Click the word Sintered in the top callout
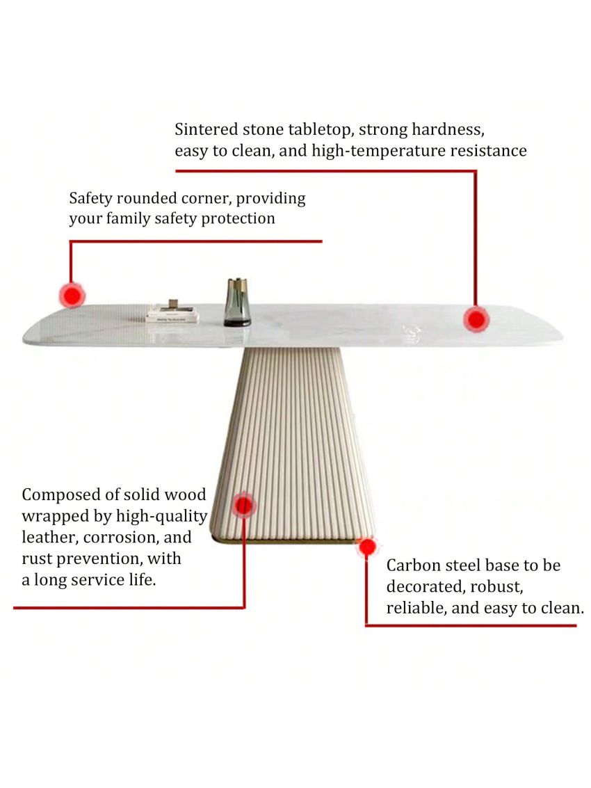[x=206, y=129]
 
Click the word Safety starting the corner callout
[x=90, y=198]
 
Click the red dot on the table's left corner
[x=72, y=296]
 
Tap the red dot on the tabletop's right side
[x=476, y=320]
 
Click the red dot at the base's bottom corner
[x=367, y=547]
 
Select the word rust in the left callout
[x=36, y=558]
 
